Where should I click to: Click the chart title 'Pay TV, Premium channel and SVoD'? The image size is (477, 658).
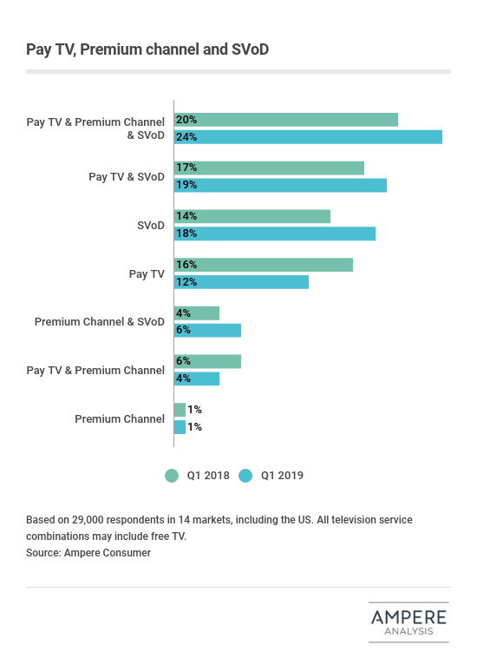pyautogui.click(x=147, y=49)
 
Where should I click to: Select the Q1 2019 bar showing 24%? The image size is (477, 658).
pyautogui.click(x=308, y=137)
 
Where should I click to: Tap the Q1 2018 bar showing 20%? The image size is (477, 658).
pyautogui.click(x=286, y=120)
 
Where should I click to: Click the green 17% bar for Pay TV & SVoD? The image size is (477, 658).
pyautogui.click(x=269, y=168)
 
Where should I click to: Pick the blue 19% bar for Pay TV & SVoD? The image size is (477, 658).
pyautogui.click(x=280, y=185)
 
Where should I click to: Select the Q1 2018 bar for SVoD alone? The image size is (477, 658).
pyautogui.click(x=252, y=216)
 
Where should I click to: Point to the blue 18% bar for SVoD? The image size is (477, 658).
pyautogui.click(x=275, y=234)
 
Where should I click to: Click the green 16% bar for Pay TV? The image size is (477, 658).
pyautogui.click(x=264, y=265)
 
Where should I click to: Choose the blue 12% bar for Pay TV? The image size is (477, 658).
pyautogui.click(x=241, y=282)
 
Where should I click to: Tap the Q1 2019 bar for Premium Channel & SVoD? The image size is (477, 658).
pyautogui.click(x=207, y=330)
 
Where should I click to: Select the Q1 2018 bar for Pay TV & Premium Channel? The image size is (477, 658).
pyautogui.click(x=207, y=361)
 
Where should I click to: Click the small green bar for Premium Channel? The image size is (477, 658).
pyautogui.click(x=180, y=410)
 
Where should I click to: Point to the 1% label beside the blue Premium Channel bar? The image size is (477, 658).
pyautogui.click(x=194, y=427)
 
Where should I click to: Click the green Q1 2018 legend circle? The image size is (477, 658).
pyautogui.click(x=172, y=476)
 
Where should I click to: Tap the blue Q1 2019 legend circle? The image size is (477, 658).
pyautogui.click(x=245, y=476)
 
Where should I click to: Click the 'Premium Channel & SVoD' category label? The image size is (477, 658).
pyautogui.click(x=100, y=322)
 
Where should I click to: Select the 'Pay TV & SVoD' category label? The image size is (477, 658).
pyautogui.click(x=127, y=177)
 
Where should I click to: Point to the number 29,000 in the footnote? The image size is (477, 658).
pyautogui.click(x=88, y=520)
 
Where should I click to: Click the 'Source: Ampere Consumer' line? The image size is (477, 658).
pyautogui.click(x=88, y=553)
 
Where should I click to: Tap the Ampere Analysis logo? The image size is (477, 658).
pyautogui.click(x=408, y=622)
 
